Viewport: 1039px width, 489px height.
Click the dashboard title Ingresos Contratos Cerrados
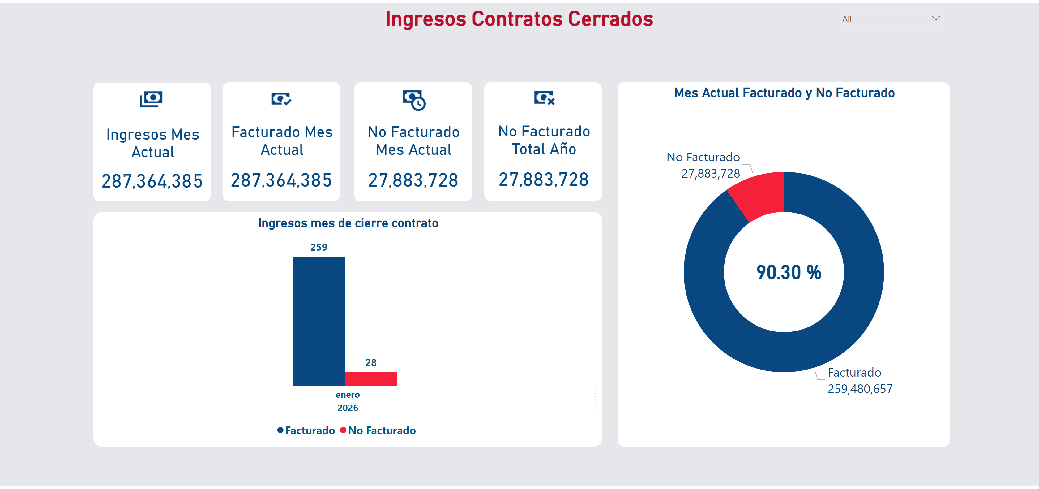519,19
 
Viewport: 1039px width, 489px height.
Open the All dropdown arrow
936,19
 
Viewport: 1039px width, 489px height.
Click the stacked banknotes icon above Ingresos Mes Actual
151,99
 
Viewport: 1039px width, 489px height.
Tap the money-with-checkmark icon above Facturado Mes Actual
281,98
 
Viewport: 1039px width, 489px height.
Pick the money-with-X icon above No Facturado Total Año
544,98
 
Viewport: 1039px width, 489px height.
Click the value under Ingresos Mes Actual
152,181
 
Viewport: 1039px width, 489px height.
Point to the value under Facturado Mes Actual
281,180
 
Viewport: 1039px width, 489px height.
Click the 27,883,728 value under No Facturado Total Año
543,180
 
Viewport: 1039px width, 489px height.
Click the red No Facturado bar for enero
371,379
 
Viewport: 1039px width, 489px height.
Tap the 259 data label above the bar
319,247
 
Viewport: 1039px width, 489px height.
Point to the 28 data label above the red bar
371,363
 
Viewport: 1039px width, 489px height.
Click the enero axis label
347,395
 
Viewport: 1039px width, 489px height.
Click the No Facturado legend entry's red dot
343,430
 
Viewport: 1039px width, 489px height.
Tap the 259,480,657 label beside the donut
860,389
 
